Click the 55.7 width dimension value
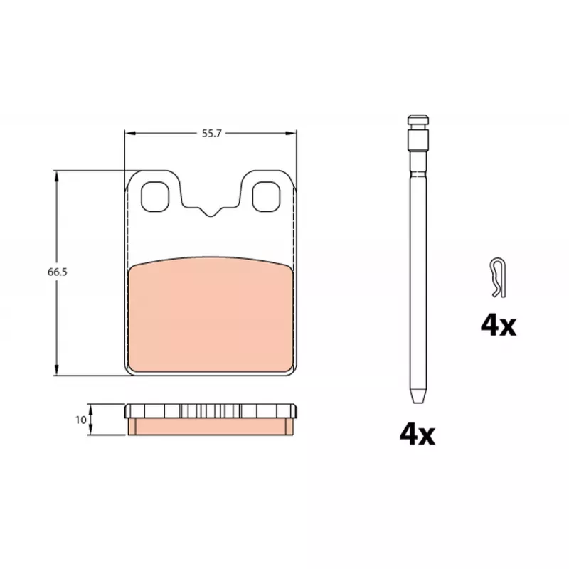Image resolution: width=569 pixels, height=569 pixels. (x=211, y=134)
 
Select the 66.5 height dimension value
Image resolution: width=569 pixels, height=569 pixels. (x=58, y=272)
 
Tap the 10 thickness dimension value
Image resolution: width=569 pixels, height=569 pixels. (x=80, y=420)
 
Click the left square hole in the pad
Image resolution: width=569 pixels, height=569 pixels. (x=155, y=197)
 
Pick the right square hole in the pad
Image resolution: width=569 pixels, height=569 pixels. (x=266, y=197)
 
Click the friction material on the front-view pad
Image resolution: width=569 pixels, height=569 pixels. (x=211, y=315)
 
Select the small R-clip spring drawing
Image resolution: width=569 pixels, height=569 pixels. (x=498, y=277)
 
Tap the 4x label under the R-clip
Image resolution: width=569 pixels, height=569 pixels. (x=499, y=326)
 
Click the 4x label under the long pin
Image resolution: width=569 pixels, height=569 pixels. (x=418, y=435)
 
